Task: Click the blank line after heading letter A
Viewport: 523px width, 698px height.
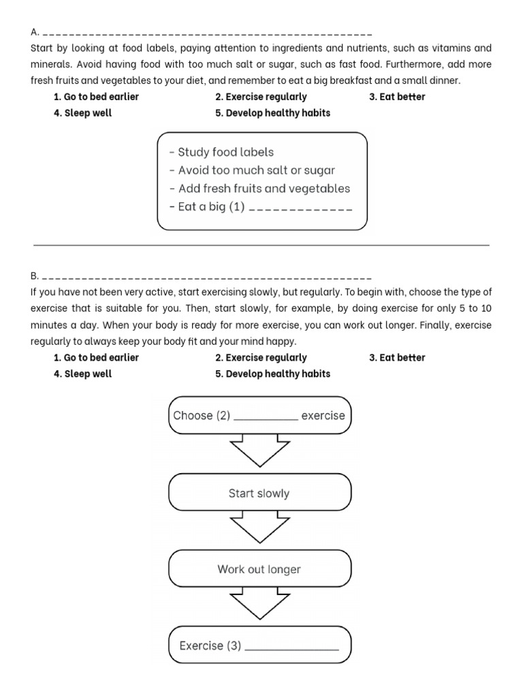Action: [x=208, y=33]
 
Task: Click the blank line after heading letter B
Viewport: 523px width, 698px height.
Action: [x=208, y=278]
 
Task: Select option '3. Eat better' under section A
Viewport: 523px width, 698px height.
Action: [x=397, y=97]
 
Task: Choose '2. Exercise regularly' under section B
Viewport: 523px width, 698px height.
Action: [x=261, y=358]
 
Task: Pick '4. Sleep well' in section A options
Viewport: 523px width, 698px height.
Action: [x=82, y=113]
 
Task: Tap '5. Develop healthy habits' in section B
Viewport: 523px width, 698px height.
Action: [x=272, y=374]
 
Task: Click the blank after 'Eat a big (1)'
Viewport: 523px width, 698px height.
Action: [x=301, y=209]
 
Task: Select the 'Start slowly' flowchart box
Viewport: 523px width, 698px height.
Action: [x=259, y=494]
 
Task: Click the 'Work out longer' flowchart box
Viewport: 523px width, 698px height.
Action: [x=259, y=569]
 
